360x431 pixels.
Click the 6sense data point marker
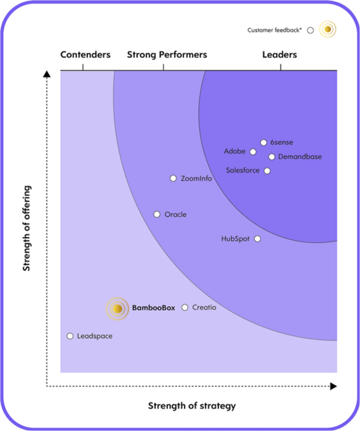point(263,142)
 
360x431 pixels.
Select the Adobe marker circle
point(253,152)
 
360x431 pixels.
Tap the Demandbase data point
point(271,156)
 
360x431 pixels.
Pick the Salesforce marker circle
point(267,171)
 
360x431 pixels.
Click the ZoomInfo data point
point(173,178)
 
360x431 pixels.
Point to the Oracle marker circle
point(157,214)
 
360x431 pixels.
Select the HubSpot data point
point(257,239)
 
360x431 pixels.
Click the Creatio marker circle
point(185,308)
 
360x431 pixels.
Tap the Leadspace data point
point(70,336)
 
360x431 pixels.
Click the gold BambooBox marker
point(117,309)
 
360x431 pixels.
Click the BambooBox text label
point(153,308)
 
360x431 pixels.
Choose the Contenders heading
point(85,55)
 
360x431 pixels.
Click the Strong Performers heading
point(167,55)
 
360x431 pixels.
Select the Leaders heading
point(279,55)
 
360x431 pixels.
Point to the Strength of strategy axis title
point(192,406)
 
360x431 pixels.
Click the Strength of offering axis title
point(27,228)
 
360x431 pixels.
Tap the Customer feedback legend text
point(275,30)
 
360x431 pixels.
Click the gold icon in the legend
point(328,29)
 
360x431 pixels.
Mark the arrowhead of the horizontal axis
point(333,385)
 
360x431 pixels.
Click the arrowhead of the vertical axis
point(47,74)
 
